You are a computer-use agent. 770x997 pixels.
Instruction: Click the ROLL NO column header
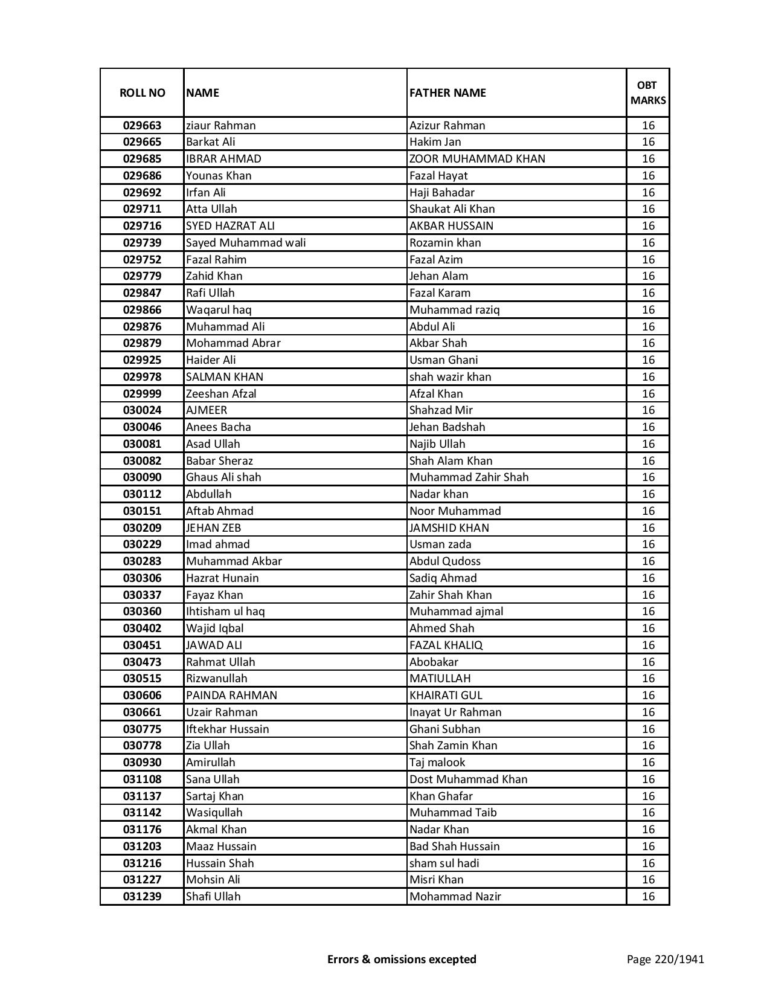click(x=142, y=92)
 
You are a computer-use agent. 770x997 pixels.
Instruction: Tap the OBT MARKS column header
click(x=648, y=92)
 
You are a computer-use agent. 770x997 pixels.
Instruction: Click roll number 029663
click(x=142, y=126)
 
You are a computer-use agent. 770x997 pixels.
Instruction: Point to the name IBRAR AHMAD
click(x=223, y=159)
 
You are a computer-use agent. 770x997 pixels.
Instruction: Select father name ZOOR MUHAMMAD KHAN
click(x=477, y=159)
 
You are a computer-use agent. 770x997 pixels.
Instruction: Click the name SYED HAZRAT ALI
click(x=230, y=226)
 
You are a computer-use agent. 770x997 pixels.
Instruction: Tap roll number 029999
click(x=142, y=394)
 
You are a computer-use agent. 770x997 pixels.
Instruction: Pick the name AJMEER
click(x=207, y=410)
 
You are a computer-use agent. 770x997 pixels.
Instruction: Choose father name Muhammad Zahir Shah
click(x=469, y=477)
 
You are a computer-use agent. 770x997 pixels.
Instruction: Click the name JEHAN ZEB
click(x=213, y=528)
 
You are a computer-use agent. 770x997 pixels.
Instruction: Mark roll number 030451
click(x=142, y=645)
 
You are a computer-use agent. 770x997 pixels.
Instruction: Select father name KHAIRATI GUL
click(x=446, y=695)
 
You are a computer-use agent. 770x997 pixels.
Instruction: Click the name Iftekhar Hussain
click(x=227, y=729)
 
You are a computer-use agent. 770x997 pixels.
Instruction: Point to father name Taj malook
click(x=437, y=763)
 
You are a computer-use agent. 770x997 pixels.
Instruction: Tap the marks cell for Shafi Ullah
click(x=648, y=897)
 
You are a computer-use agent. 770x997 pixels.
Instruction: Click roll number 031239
click(x=142, y=897)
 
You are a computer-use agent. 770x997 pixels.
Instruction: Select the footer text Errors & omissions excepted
click(x=402, y=959)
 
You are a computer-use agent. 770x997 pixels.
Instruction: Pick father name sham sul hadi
click(x=444, y=863)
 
